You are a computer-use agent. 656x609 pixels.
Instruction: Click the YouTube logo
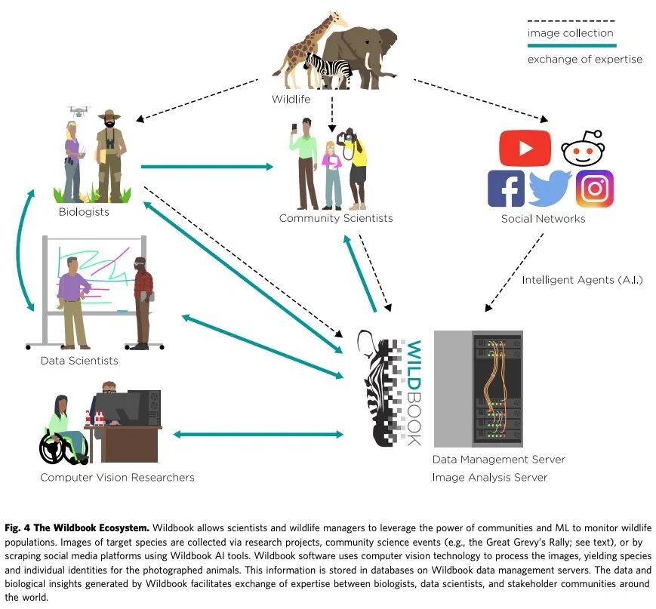pos(525,147)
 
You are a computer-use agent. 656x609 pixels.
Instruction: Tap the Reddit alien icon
pos(583,148)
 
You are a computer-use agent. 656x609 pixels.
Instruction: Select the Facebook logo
pos(506,189)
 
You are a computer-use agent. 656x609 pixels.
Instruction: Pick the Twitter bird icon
pos(550,189)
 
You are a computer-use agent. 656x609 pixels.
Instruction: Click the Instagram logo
pos(595,189)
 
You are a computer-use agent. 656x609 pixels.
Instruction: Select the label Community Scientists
pos(336,218)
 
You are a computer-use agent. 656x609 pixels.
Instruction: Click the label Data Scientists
pos(79,361)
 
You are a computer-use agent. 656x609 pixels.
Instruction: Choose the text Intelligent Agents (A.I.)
pos(582,280)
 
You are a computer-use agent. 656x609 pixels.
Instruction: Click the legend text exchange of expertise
pos(585,59)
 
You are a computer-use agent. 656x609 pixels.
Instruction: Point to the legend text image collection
pos(570,32)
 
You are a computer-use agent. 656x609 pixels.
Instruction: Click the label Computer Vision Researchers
pos(117,477)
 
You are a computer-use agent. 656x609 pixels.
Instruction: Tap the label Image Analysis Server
pos(489,477)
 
